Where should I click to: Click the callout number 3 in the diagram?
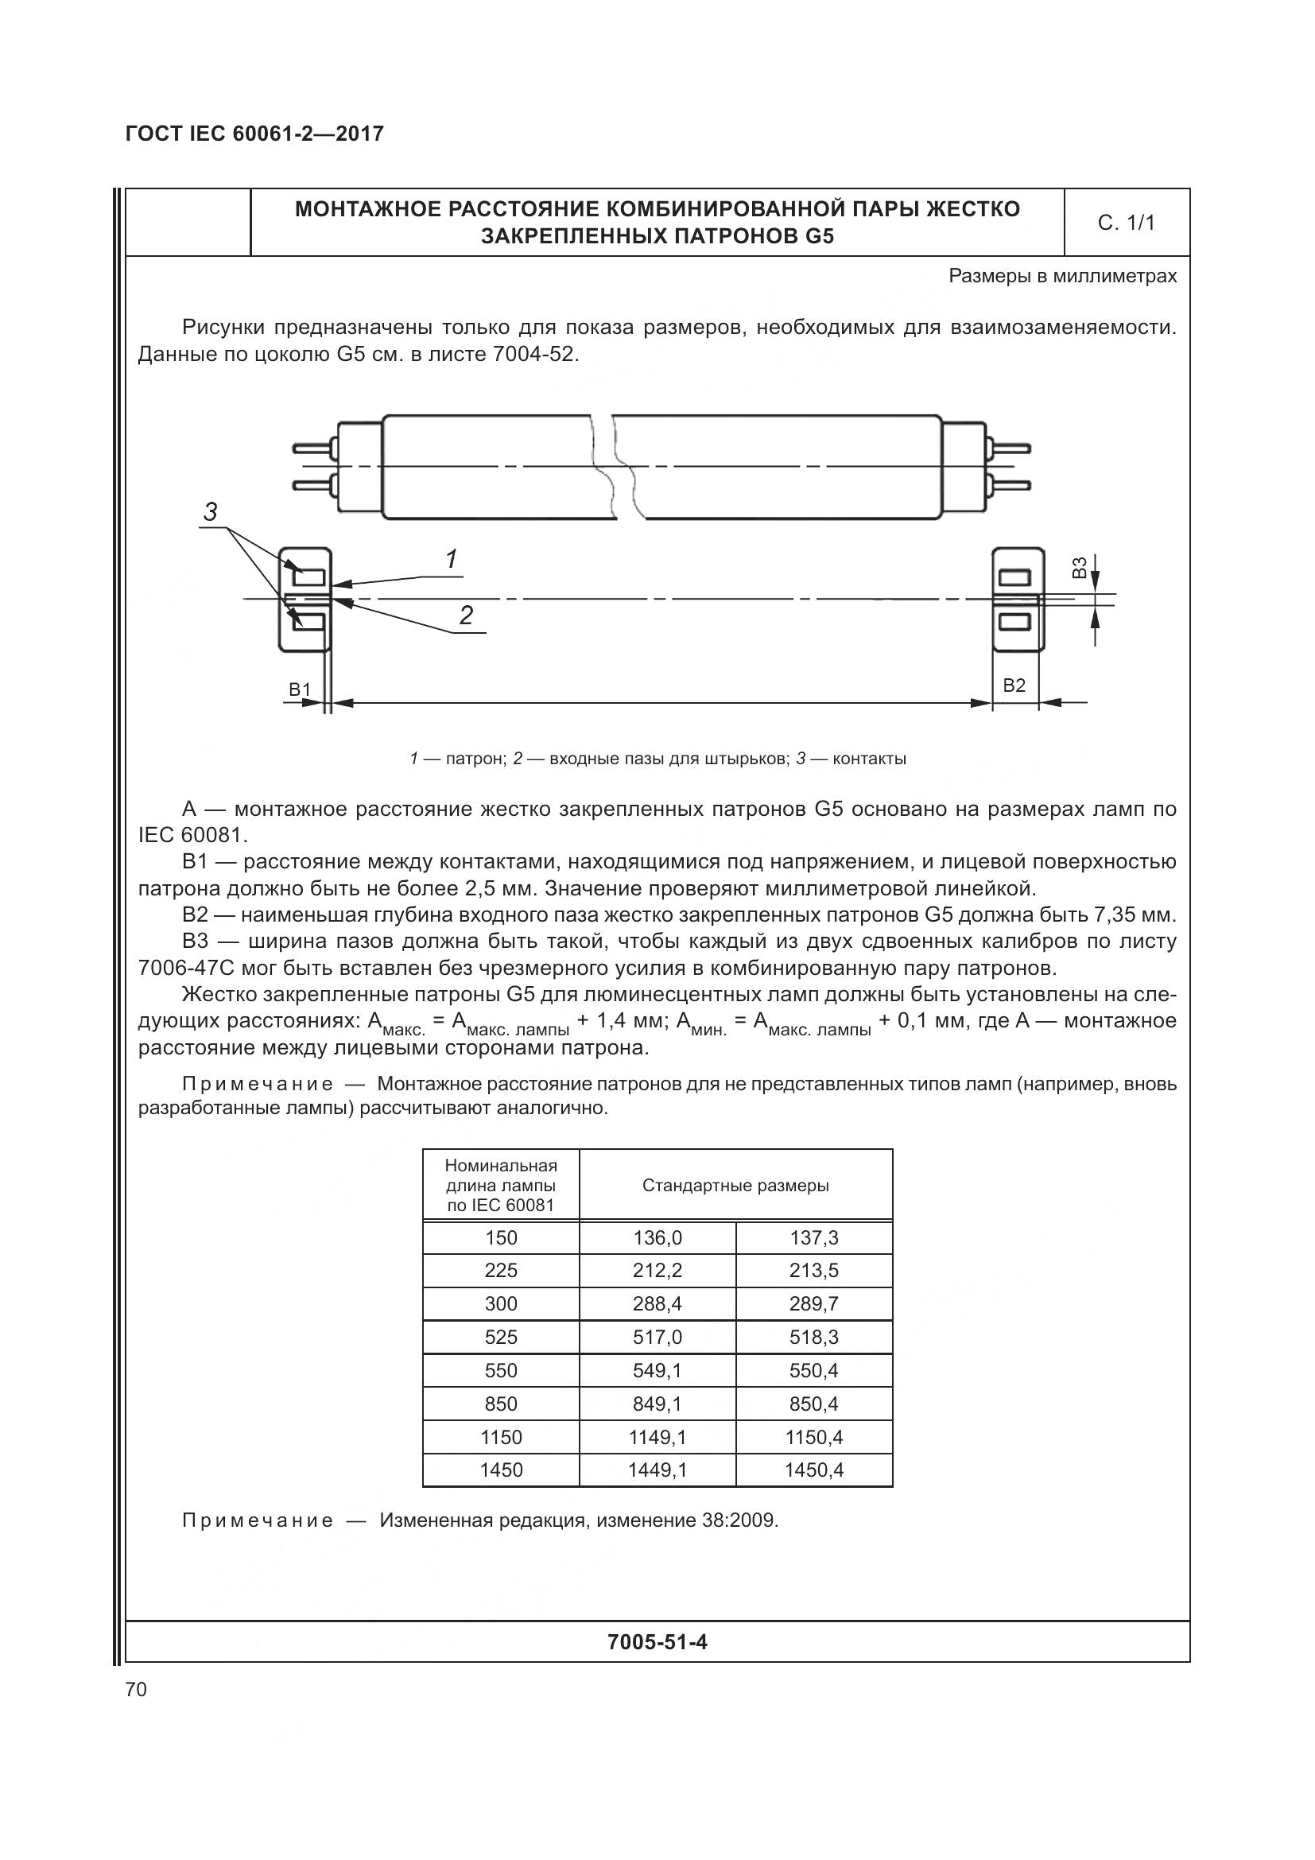[x=211, y=512]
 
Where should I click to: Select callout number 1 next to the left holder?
[x=452, y=559]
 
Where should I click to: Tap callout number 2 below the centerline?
[x=467, y=615]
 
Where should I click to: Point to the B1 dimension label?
[x=301, y=689]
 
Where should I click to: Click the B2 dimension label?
[x=1014, y=685]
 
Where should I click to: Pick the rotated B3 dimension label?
[x=1079, y=568]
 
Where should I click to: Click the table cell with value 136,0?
[x=657, y=1238]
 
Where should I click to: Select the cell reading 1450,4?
[x=814, y=1470]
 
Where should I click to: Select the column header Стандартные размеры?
[x=735, y=1185]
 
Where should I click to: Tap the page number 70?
[x=136, y=1689]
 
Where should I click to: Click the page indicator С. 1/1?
[x=1126, y=223]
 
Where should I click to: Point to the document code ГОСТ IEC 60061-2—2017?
[x=254, y=134]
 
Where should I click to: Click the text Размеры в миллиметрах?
[x=1062, y=276]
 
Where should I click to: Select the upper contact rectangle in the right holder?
[x=1014, y=577]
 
